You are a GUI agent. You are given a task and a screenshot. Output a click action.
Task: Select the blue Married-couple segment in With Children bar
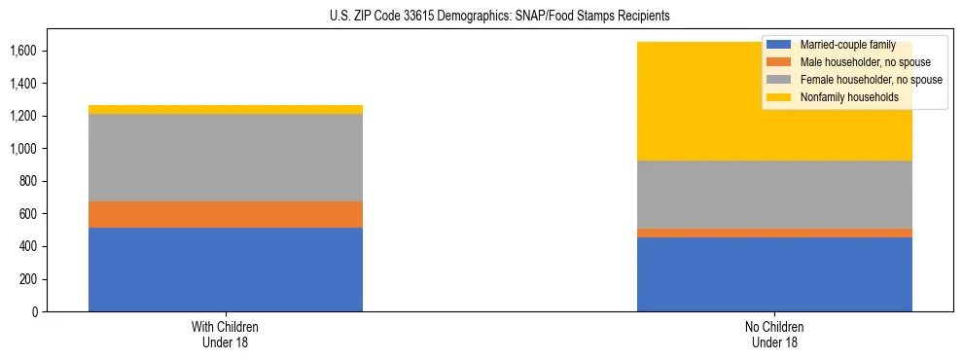point(226,270)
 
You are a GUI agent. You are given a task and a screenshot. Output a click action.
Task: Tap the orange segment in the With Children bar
point(226,214)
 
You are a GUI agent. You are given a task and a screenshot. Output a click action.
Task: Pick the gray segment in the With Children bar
point(226,158)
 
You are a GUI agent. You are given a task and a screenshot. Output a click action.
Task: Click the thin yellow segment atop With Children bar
point(226,109)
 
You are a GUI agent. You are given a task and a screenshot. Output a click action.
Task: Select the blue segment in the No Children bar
point(774,274)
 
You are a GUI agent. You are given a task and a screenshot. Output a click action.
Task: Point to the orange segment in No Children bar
point(774,233)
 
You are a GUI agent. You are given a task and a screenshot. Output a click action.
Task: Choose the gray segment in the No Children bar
point(774,195)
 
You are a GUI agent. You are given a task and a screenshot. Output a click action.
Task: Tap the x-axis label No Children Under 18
point(774,334)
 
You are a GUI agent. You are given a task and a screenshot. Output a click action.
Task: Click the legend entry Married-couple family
point(841,45)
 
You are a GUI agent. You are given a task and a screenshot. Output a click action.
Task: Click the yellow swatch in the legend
point(779,97)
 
